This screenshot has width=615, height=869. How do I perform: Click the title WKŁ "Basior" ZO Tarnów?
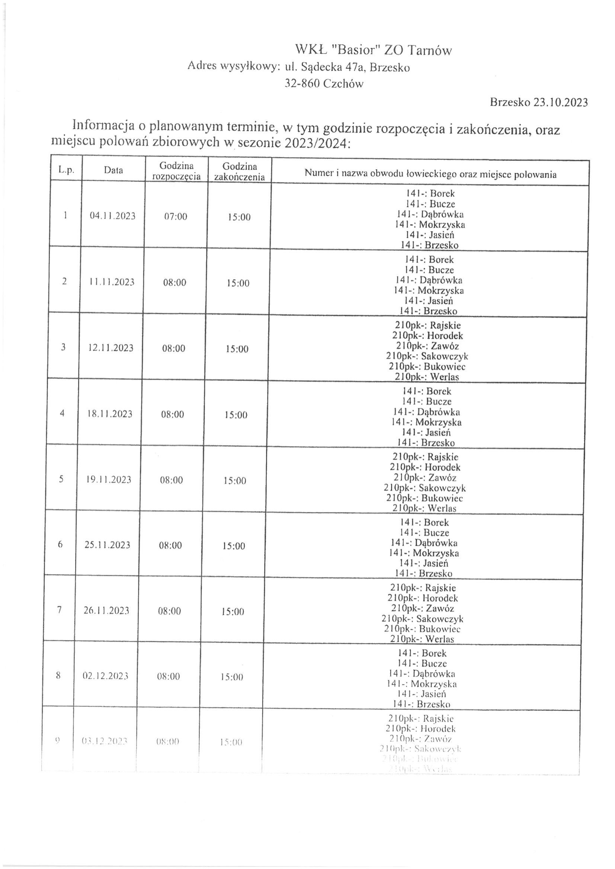coord(374,50)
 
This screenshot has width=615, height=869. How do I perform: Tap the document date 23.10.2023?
coord(560,103)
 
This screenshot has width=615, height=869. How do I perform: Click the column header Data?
coord(113,170)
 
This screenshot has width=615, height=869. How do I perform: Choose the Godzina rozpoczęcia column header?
coord(176,171)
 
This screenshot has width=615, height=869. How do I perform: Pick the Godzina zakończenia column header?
coord(239,171)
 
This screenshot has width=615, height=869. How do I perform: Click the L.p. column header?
coord(66,170)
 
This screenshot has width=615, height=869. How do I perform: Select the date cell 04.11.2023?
coord(112,216)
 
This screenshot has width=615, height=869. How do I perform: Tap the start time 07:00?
coord(176,217)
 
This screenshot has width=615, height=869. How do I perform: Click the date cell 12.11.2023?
coord(111,348)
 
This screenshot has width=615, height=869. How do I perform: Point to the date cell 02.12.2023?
coord(106,676)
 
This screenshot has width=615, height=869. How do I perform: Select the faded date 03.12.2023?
coord(104,741)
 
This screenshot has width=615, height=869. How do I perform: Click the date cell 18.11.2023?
coord(110,414)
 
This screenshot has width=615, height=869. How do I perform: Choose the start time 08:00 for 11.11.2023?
coord(174,283)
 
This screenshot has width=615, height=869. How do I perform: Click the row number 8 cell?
coord(58,675)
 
